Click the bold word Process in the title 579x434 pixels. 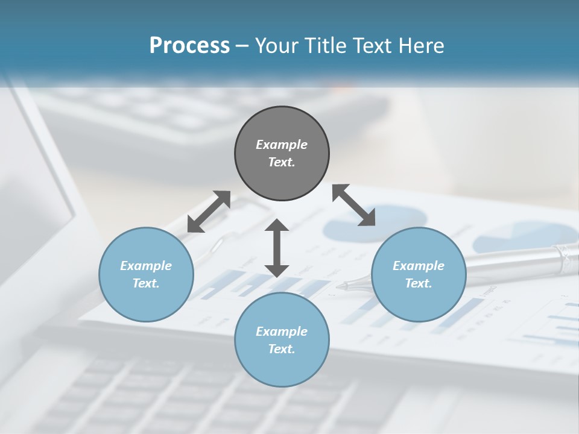tap(189, 46)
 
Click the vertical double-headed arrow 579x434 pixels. tap(277, 248)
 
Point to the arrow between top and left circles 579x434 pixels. tap(209, 212)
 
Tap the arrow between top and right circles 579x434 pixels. tap(353, 205)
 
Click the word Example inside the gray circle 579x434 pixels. tap(282, 145)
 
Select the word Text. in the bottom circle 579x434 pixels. tap(282, 349)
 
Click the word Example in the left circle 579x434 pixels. tap(146, 266)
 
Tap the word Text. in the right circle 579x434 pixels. tap(419, 283)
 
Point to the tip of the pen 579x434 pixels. tap(340, 286)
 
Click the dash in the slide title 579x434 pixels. tap(242, 46)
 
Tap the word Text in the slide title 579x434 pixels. tap(372, 46)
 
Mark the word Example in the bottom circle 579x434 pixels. tap(282, 332)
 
